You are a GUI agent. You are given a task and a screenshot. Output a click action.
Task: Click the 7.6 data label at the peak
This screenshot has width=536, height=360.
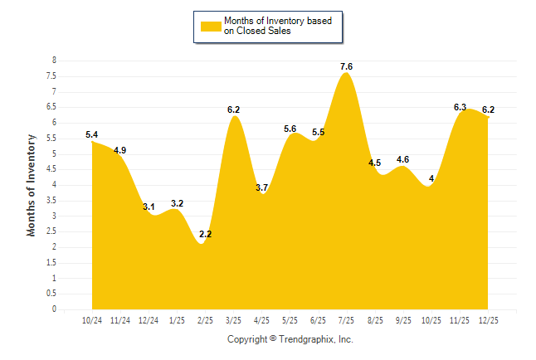click(x=347, y=66)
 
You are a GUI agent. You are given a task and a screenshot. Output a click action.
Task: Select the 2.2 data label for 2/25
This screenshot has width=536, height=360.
click(x=206, y=235)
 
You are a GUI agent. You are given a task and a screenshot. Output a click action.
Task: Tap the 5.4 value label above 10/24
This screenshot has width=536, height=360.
click(x=92, y=134)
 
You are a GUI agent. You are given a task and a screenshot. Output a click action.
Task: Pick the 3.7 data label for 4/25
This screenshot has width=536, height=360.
click(x=261, y=188)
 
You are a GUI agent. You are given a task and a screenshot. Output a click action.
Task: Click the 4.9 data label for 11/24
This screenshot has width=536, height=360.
click(x=120, y=150)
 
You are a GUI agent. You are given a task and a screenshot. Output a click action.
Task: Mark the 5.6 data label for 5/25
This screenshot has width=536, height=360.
click(x=290, y=129)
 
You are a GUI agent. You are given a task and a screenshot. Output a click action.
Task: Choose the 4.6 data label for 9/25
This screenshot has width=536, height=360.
click(x=403, y=159)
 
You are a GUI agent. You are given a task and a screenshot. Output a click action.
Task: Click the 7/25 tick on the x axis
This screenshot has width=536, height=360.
click(x=347, y=320)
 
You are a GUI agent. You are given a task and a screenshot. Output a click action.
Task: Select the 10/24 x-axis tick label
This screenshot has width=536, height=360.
click(x=92, y=320)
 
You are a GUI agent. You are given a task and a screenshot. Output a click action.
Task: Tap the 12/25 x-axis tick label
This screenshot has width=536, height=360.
click(x=488, y=320)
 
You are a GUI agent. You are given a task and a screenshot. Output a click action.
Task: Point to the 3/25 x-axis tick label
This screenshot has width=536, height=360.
click(x=234, y=320)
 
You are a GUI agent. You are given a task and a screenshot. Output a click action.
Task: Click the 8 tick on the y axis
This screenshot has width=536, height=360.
click(x=54, y=61)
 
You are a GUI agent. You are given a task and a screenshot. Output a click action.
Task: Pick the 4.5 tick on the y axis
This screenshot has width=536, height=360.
click(x=51, y=169)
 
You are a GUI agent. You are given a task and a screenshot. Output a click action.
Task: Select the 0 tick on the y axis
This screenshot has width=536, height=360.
click(x=54, y=309)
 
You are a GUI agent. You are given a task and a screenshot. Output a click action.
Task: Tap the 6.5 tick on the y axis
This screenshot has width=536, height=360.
click(x=51, y=107)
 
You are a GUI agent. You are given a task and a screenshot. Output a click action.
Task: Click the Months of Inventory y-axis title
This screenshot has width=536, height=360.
click(x=32, y=185)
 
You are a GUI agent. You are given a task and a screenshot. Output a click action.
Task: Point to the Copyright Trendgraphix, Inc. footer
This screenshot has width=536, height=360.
click(x=290, y=339)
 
